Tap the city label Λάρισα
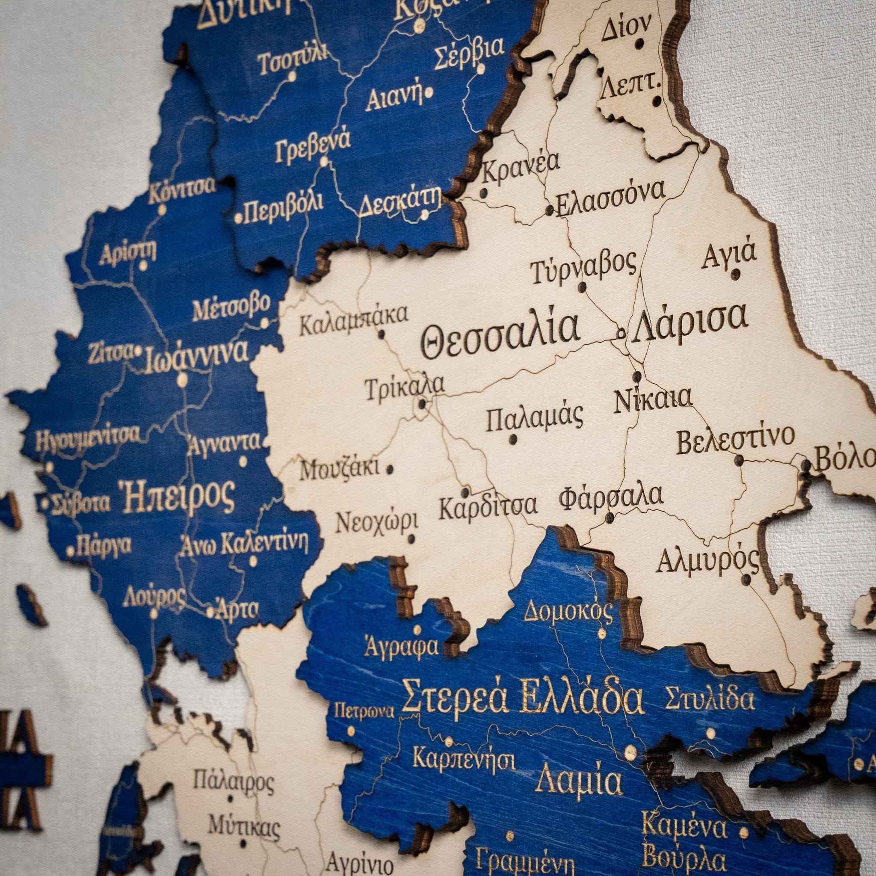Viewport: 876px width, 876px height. coord(689,319)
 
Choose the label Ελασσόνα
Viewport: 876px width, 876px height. coord(610,200)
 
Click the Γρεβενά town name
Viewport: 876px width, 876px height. coord(313,145)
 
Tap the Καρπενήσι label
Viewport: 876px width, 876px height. coord(464,758)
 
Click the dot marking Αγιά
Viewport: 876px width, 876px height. coord(736,274)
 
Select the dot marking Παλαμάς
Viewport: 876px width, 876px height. coord(513,439)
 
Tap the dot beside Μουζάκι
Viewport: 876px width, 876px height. coord(389,469)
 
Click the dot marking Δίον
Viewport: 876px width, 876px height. coord(640,44)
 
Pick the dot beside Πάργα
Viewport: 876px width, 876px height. coord(70,551)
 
